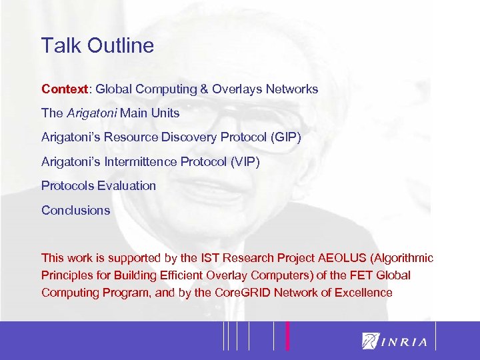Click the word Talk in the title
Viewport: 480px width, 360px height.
58,45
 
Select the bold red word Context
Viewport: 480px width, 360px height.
64,89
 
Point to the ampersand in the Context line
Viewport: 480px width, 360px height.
203,89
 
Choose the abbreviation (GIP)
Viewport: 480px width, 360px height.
285,137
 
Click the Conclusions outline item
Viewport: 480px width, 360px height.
75,210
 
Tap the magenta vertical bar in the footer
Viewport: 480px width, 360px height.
288,335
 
